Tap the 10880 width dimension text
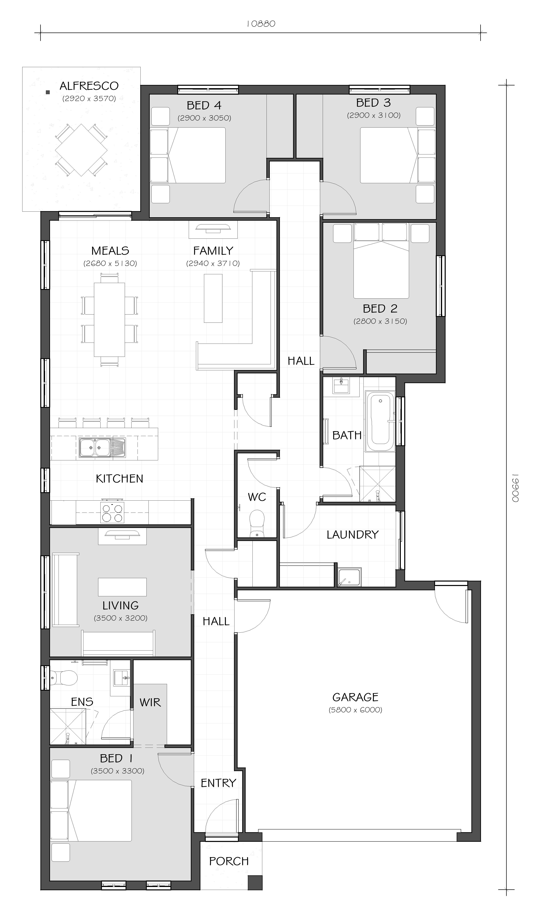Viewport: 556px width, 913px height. click(261, 24)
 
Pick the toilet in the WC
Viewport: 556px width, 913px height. click(256, 522)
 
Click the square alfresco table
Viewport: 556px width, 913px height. click(82, 150)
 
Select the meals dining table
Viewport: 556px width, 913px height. click(109, 319)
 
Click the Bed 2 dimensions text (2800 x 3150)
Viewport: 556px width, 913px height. click(380, 321)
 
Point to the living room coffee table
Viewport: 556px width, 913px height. click(122, 587)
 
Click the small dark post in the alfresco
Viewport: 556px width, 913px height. click(47, 92)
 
